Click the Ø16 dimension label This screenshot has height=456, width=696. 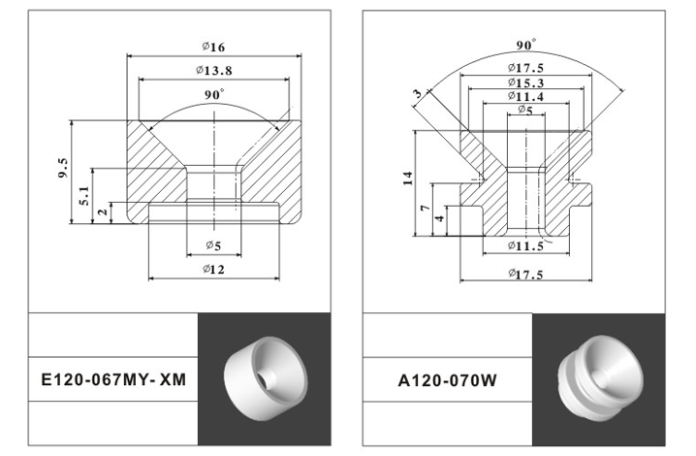[x=213, y=48]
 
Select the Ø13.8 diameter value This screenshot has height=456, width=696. [x=213, y=71]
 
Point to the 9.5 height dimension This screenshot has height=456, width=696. [x=63, y=171]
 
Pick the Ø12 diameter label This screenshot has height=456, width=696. [x=213, y=270]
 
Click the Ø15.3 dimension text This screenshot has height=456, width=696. [x=524, y=82]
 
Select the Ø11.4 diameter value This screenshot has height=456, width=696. [x=524, y=97]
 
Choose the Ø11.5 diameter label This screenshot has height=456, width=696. [x=524, y=246]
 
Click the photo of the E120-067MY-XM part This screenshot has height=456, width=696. [x=263, y=377]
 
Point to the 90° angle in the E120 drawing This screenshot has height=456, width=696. [x=214, y=94]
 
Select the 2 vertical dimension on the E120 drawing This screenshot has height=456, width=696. [x=102, y=212]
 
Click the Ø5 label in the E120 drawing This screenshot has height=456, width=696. [x=213, y=245]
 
